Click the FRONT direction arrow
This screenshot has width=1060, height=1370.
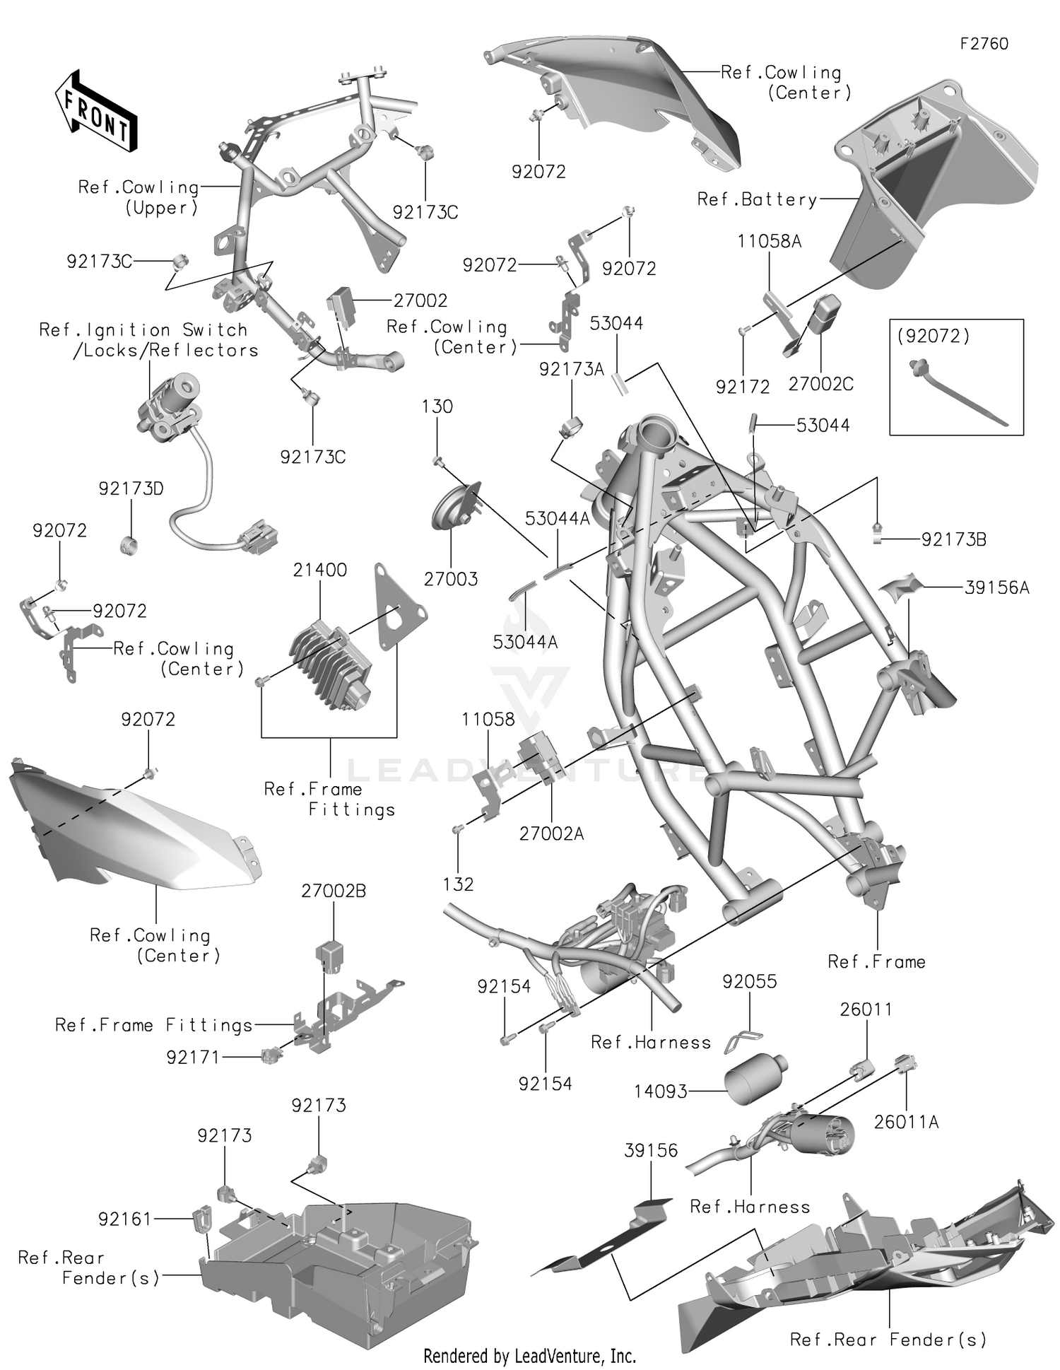pyautogui.click(x=95, y=111)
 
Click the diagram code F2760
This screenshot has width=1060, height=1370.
pyautogui.click(x=984, y=44)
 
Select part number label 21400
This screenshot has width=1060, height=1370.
pyautogui.click(x=320, y=570)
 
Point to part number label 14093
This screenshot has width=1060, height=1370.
pyautogui.click(x=660, y=1091)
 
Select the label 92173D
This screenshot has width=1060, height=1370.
pyautogui.click(x=131, y=488)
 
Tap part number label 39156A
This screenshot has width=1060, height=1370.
pyautogui.click(x=996, y=587)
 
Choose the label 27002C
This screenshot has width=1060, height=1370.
pyautogui.click(x=820, y=385)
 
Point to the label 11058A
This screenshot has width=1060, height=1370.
pyautogui.click(x=769, y=241)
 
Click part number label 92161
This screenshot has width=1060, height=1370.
pyautogui.click(x=124, y=1219)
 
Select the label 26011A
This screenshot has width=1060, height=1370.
pyautogui.click(x=906, y=1122)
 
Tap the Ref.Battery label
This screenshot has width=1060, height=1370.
pyautogui.click(x=756, y=199)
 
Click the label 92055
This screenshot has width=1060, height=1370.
pyautogui.click(x=749, y=981)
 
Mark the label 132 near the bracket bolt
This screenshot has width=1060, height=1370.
pyautogui.click(x=458, y=884)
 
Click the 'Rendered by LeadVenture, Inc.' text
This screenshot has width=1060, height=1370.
pyautogui.click(x=529, y=1356)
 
